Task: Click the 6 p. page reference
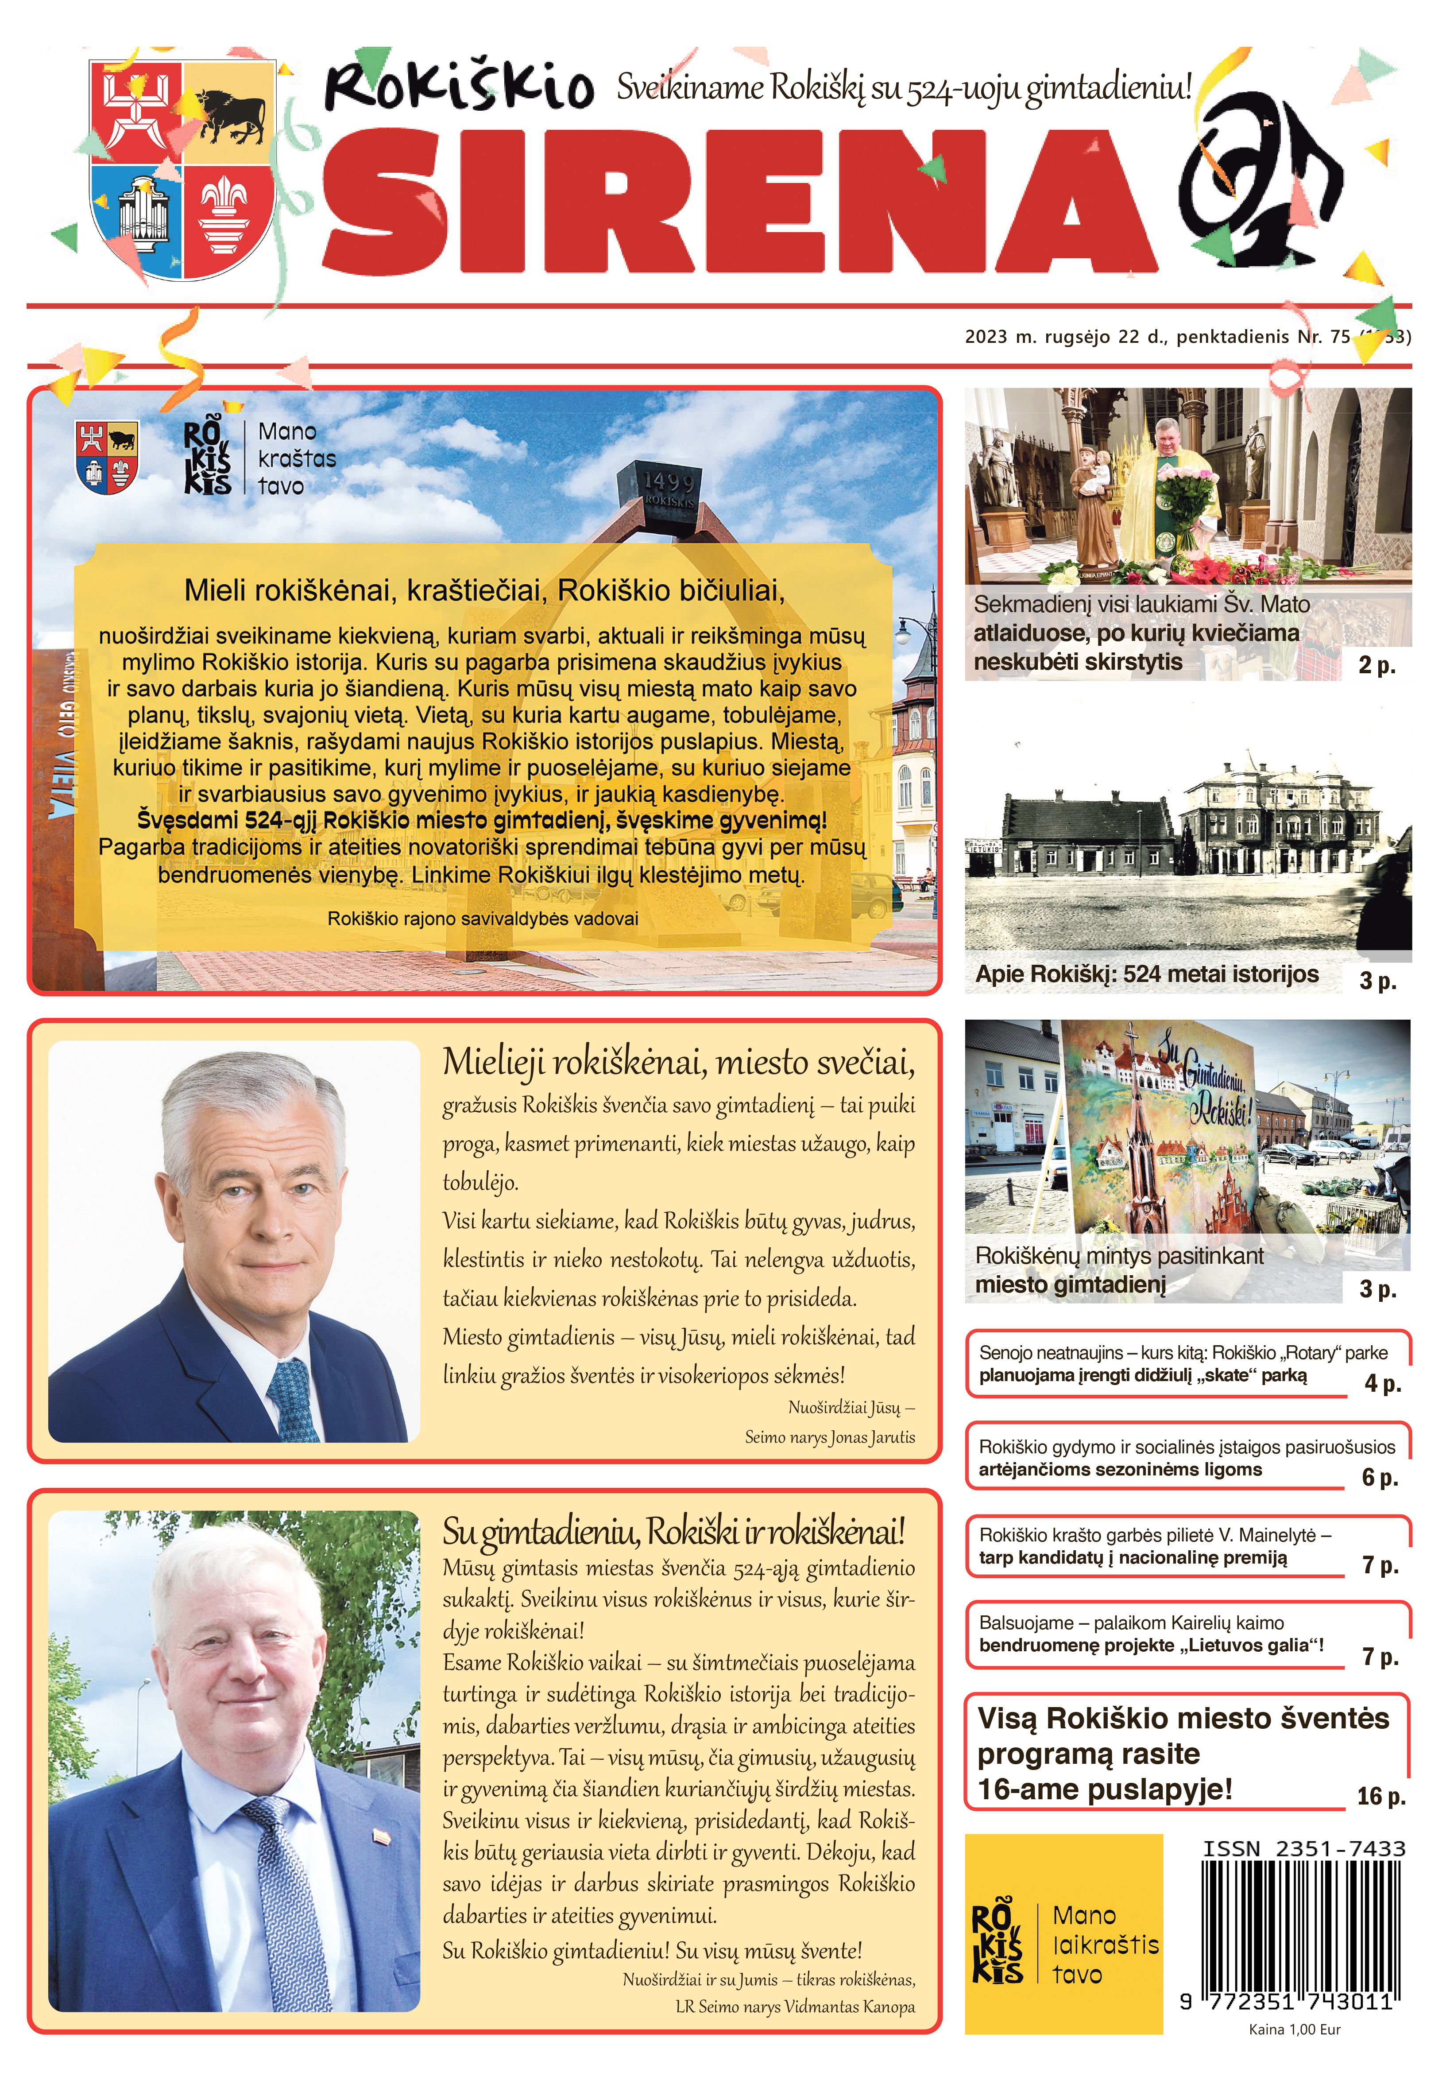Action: [x=1379, y=1478]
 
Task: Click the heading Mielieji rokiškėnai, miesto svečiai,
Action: [x=678, y=1061]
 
